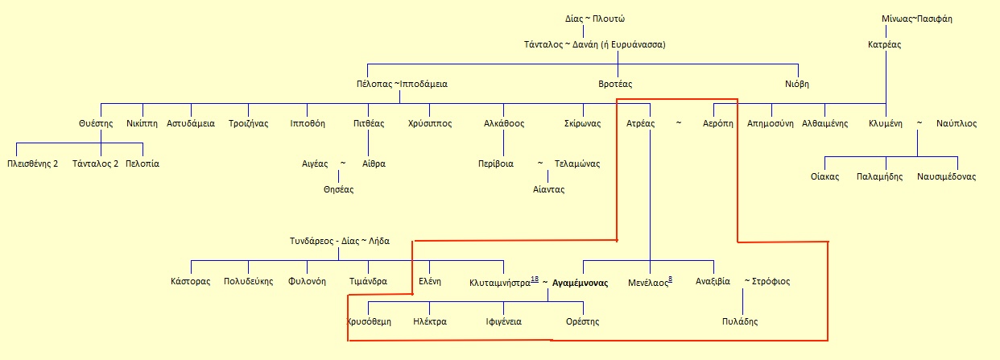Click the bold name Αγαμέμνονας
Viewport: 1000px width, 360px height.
coord(580,283)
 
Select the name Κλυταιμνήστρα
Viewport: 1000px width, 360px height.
coord(499,283)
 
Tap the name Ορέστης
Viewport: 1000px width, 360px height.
coord(582,321)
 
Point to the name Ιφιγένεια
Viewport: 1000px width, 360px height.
coord(503,321)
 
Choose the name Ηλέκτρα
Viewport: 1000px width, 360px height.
coord(429,321)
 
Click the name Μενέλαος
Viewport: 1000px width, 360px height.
coord(648,283)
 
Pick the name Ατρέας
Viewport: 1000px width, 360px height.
coord(641,124)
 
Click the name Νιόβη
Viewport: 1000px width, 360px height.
coord(797,84)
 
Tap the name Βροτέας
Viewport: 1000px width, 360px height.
coord(616,84)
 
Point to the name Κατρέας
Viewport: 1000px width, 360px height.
coord(884,44)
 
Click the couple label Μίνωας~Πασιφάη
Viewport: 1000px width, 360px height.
coord(917,19)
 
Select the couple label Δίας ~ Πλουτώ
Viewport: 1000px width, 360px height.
coord(584,19)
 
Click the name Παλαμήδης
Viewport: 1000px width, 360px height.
coord(879,176)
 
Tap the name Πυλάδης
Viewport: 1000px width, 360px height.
coord(740,321)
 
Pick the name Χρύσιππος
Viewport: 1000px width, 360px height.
coord(430,124)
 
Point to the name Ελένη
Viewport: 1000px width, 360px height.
coord(430,282)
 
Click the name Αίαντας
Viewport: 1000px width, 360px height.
coord(548,189)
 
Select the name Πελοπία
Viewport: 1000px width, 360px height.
coord(143,163)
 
